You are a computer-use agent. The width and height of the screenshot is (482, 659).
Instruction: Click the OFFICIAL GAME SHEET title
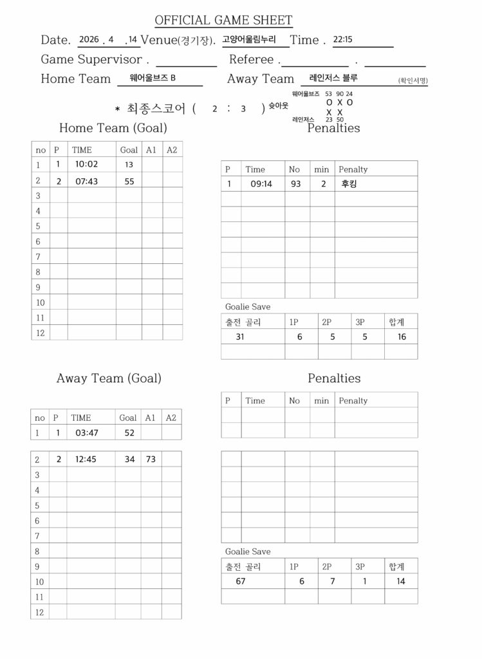(223, 21)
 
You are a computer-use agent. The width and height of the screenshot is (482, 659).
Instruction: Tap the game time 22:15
(342, 39)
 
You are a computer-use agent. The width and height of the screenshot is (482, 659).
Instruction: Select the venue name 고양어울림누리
(248, 39)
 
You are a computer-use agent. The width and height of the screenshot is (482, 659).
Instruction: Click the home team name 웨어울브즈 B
(153, 78)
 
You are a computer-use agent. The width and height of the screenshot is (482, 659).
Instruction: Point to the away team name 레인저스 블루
(333, 78)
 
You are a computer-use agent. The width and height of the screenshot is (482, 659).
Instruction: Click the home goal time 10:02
(86, 164)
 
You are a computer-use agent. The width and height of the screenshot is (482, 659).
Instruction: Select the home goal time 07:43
(86, 181)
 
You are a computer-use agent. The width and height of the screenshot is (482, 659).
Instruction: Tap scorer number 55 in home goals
(129, 181)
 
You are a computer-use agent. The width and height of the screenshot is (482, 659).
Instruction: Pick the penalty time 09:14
(262, 183)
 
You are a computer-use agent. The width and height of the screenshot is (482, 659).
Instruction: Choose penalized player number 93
(295, 183)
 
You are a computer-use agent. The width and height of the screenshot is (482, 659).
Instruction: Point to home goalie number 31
(240, 336)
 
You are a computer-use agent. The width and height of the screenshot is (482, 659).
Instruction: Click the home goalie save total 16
(402, 336)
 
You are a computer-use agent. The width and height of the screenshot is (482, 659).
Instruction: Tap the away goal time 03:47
(87, 432)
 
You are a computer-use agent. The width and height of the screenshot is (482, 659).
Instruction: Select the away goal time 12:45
(86, 459)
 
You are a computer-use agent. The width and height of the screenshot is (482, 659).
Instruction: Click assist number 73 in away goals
(151, 459)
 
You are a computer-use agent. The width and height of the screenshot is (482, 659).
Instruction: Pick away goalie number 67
(241, 580)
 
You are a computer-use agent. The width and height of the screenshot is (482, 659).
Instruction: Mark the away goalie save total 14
(401, 580)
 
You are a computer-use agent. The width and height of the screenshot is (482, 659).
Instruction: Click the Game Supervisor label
(91, 59)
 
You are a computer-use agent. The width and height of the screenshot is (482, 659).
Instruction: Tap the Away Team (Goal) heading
(109, 378)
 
